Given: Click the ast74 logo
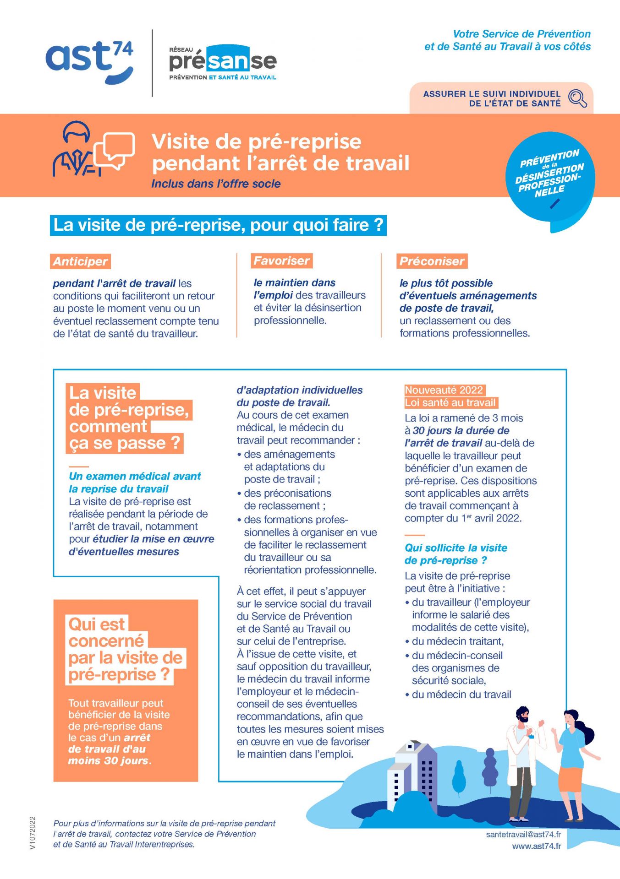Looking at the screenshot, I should [x=89, y=61].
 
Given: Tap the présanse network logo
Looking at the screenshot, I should [x=223, y=63].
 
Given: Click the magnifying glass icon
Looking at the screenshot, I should [x=577, y=98].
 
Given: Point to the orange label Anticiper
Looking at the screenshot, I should [x=80, y=261].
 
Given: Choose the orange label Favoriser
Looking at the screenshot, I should [x=281, y=261].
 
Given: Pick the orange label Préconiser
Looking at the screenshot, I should [x=432, y=261].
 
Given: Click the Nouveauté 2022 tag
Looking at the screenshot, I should [x=444, y=390].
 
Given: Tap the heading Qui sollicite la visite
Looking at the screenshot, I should [x=456, y=548].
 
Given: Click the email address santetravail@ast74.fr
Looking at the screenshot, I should [x=523, y=834].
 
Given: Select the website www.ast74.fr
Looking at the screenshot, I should [x=536, y=846].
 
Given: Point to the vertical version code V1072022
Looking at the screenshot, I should [x=32, y=833].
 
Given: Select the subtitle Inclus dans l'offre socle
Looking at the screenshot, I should [x=216, y=184].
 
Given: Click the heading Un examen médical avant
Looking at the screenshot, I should [x=135, y=476].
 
